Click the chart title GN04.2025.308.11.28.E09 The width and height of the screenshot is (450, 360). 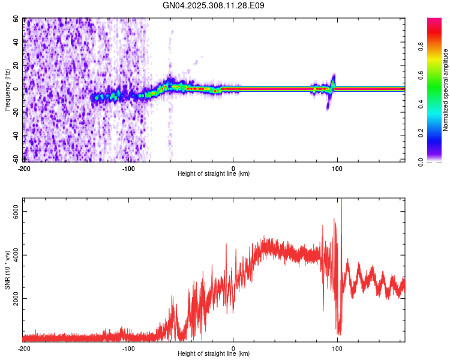point(214,5)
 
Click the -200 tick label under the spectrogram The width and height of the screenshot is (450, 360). point(24,169)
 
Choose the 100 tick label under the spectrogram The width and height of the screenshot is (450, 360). point(337,169)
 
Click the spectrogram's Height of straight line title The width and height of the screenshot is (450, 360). point(214,174)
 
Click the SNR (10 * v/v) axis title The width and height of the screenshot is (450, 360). point(7,270)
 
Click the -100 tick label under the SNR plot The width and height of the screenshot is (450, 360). point(128,349)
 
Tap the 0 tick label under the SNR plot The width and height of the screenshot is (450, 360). point(233,349)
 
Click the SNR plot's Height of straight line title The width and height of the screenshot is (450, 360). point(214,354)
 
